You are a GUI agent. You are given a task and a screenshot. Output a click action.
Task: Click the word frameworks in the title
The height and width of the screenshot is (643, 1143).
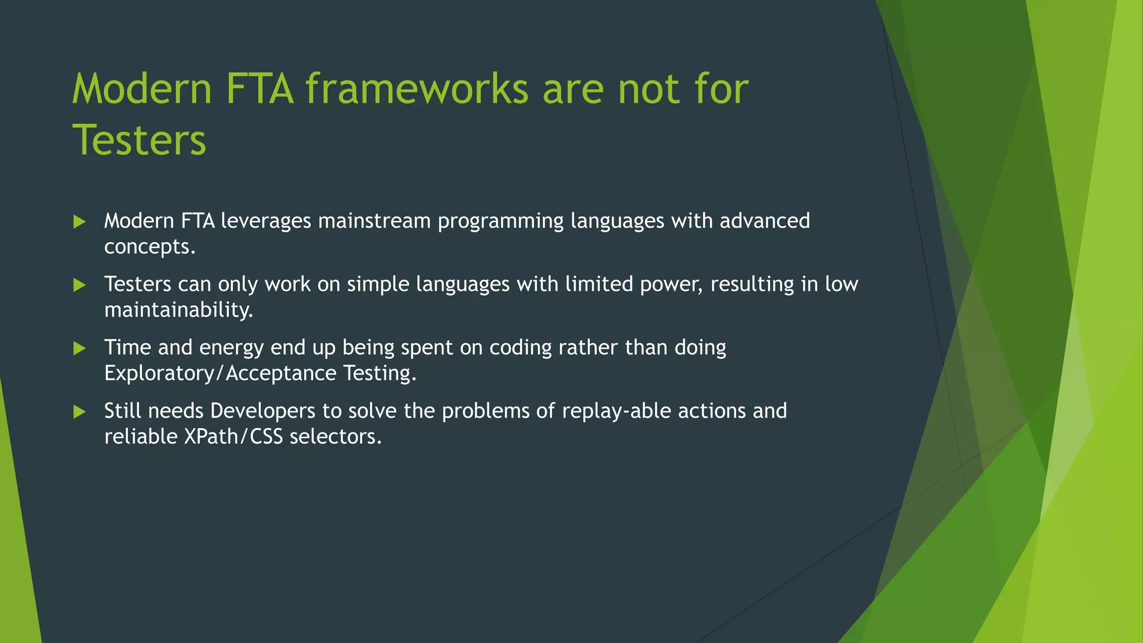pyautogui.click(x=417, y=89)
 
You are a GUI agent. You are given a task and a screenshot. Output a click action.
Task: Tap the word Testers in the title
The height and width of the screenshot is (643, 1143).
pyautogui.click(x=140, y=140)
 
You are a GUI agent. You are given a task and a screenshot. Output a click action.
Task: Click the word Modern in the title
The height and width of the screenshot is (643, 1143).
pyautogui.click(x=142, y=89)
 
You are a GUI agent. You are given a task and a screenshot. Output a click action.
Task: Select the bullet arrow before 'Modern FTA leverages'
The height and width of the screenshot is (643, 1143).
pyautogui.click(x=79, y=222)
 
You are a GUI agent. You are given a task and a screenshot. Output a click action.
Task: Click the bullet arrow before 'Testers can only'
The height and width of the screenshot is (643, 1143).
pyautogui.click(x=79, y=285)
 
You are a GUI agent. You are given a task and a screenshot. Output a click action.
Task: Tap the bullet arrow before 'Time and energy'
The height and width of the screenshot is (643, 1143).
pyautogui.click(x=79, y=348)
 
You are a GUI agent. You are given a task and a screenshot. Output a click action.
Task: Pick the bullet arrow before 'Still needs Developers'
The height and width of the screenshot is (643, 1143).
pyautogui.click(x=79, y=412)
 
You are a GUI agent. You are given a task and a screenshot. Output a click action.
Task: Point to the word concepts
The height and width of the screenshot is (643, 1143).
pyautogui.click(x=150, y=247)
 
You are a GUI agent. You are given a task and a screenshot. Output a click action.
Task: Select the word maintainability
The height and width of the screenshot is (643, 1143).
pyautogui.click(x=179, y=310)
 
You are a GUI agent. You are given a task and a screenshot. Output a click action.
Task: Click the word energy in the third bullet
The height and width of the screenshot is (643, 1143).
pyautogui.click(x=231, y=348)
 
